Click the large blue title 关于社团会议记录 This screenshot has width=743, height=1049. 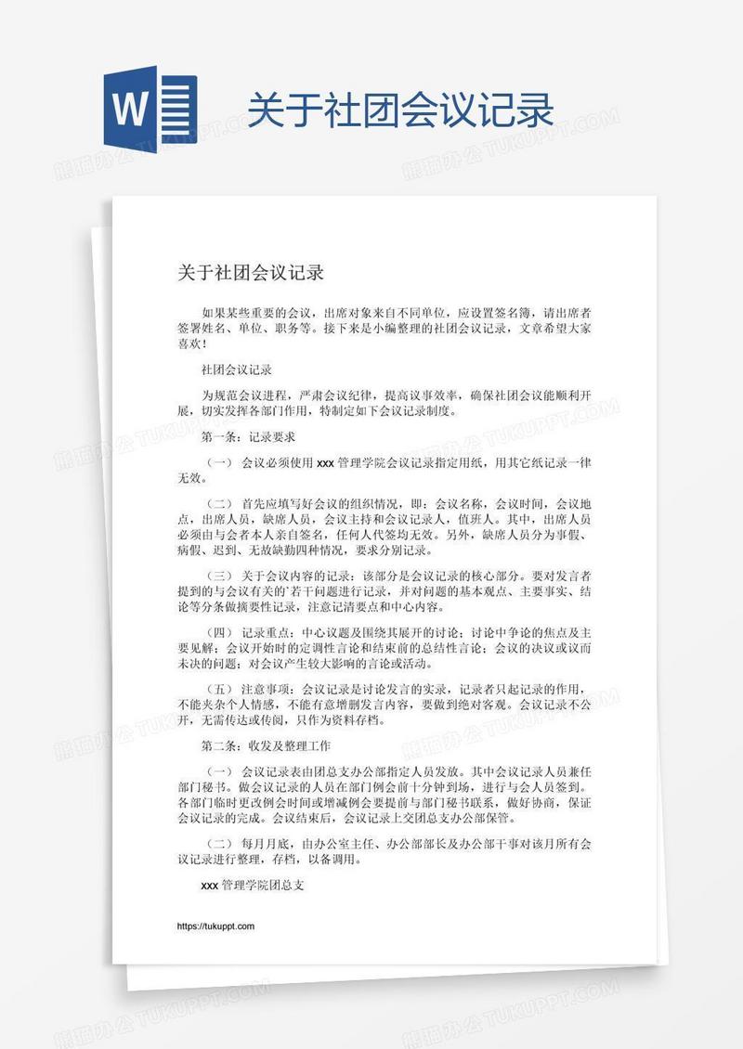click(400, 110)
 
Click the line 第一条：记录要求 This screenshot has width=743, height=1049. click(248, 436)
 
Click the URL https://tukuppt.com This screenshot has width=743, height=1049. click(215, 926)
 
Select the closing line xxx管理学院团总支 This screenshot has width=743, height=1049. click(253, 886)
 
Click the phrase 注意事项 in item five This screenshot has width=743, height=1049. click(267, 690)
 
